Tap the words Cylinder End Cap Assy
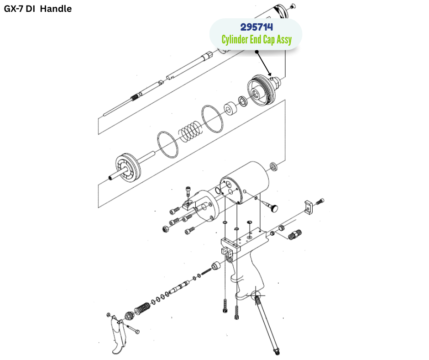(256, 40)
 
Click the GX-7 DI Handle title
(38, 9)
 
